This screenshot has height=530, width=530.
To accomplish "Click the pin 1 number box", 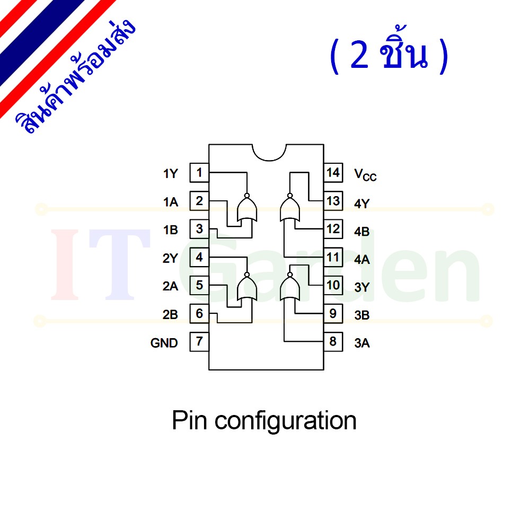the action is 199,173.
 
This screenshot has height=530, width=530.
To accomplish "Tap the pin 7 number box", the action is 199,342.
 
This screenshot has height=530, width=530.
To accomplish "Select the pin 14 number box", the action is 333,173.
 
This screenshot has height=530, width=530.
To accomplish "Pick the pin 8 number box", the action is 333,342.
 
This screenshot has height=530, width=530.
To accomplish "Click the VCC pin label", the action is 365,175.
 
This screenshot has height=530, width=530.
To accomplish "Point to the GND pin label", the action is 164,343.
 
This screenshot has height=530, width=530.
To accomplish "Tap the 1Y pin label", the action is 170,174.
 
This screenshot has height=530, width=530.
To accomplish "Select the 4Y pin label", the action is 361,204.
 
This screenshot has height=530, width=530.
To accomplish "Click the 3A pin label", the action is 361,343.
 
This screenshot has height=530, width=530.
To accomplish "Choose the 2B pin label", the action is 170,315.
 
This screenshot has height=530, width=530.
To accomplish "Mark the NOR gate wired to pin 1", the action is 247,208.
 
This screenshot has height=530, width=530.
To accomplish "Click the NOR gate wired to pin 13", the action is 290,208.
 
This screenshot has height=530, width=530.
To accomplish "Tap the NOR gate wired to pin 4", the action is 247,286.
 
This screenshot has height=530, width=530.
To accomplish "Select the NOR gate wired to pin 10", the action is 290,286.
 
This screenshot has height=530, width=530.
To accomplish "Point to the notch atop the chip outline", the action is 269,160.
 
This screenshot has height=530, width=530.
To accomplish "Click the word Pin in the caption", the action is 189,420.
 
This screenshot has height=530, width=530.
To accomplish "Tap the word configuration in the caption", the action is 286,422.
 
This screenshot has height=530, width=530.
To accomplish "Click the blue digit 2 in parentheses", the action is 359,55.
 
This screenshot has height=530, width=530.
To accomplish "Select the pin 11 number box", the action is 333,257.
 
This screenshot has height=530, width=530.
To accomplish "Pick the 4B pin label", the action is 361,232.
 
